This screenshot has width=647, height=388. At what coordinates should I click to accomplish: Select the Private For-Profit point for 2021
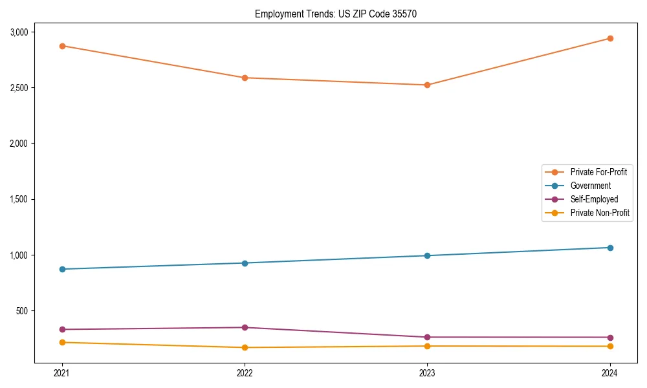(62, 46)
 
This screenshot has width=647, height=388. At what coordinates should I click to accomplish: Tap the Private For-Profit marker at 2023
(427, 85)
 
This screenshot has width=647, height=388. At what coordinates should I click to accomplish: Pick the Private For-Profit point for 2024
(609, 38)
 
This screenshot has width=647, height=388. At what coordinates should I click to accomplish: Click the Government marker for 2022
(245, 263)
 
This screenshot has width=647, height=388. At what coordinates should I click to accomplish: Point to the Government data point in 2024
(609, 248)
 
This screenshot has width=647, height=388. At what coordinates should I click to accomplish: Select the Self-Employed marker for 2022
(245, 327)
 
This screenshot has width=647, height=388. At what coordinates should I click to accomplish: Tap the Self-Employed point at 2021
(62, 329)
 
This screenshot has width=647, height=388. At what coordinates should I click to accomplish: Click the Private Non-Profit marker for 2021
(62, 342)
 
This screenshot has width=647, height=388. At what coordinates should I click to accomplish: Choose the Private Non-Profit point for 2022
(245, 347)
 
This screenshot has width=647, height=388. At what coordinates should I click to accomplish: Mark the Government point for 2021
(62, 269)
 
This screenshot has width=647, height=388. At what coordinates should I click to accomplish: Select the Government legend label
(590, 186)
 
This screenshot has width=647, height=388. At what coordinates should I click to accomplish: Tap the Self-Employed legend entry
(594, 199)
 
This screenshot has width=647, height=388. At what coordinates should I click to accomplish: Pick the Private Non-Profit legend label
(600, 213)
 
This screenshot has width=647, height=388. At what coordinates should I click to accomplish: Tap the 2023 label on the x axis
(427, 372)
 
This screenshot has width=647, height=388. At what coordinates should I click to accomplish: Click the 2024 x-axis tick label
(609, 372)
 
